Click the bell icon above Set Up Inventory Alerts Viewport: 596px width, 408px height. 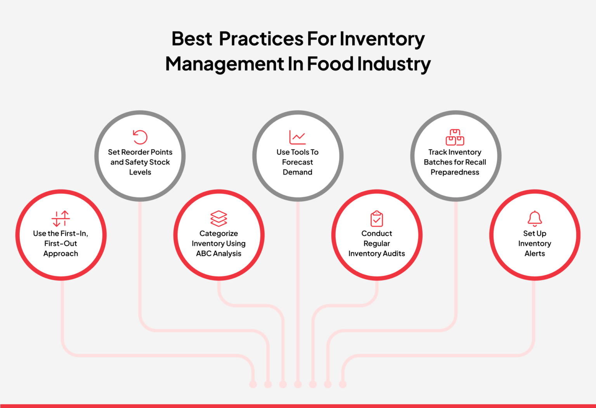click(x=535, y=219)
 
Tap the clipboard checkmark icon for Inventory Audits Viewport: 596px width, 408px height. click(x=377, y=219)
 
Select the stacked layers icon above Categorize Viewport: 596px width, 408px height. click(x=219, y=219)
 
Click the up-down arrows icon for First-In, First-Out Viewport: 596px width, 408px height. click(x=61, y=219)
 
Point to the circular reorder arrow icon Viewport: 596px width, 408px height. click(x=140, y=137)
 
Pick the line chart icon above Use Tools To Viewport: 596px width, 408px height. click(x=298, y=137)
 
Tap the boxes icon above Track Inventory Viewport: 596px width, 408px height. click(x=455, y=137)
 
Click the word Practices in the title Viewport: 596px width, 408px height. click(x=261, y=39)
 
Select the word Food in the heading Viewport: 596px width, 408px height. click(x=330, y=64)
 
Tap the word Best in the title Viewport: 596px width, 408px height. click(x=192, y=39)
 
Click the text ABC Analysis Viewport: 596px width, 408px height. click(x=219, y=253)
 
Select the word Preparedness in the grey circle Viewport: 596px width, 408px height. click(x=455, y=172)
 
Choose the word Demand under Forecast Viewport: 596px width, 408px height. click(x=298, y=172)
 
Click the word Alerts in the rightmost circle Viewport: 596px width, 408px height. click(x=535, y=253)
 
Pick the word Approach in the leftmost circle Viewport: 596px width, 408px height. click(x=61, y=253)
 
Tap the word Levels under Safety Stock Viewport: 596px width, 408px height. click(x=140, y=172)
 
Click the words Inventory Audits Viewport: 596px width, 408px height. click(x=377, y=253)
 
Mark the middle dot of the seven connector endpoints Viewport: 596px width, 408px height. click(x=298, y=384)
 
